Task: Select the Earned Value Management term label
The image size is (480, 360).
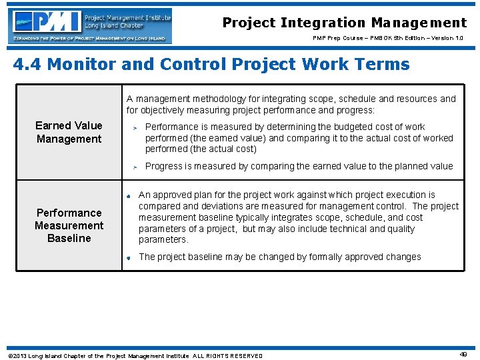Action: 69,132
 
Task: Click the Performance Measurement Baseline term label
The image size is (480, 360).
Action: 69,225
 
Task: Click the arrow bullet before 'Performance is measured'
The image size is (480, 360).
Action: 134,127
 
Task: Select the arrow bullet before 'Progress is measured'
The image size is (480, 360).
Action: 134,167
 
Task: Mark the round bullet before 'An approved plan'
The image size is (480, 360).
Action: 128,196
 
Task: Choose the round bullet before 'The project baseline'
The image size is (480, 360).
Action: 128,257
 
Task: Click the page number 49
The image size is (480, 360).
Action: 463,355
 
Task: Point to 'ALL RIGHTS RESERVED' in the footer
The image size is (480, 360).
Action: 227,356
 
